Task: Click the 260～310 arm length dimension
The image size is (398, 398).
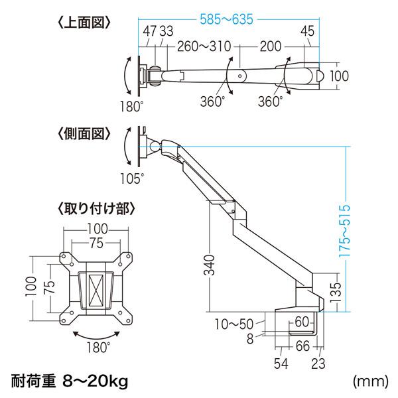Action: click(x=204, y=48)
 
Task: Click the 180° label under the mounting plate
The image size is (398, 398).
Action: click(x=98, y=346)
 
